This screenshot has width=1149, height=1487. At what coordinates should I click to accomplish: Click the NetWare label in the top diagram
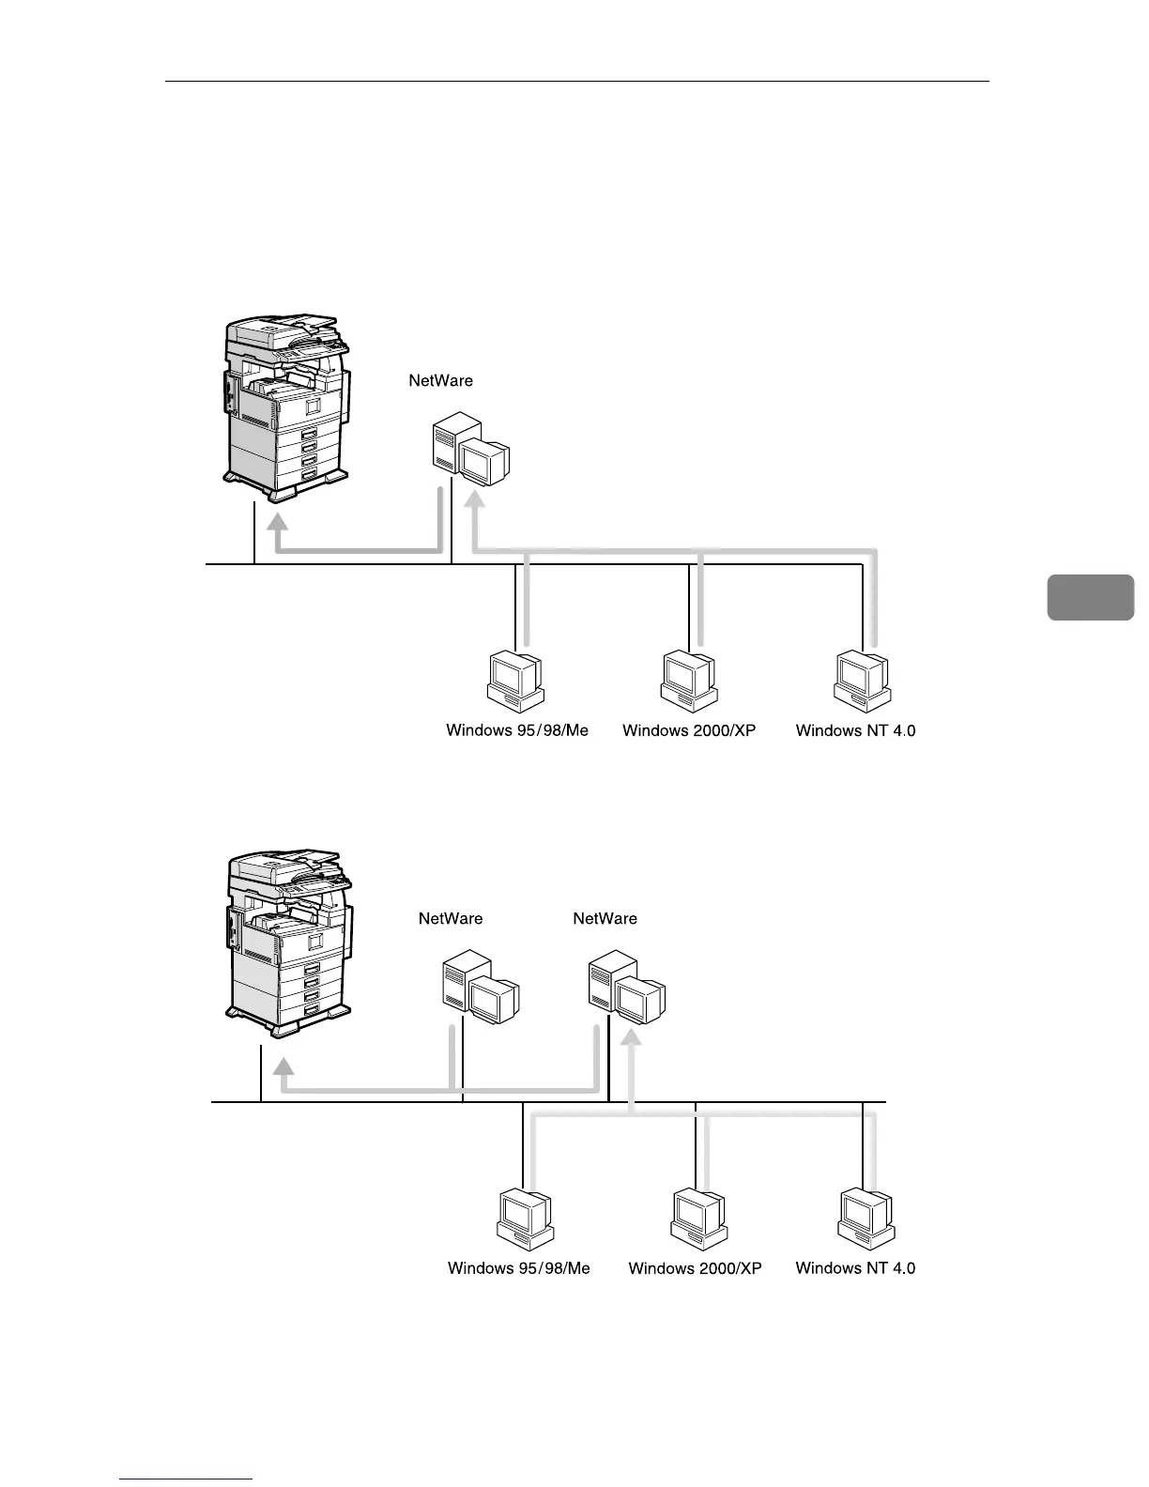click(x=440, y=381)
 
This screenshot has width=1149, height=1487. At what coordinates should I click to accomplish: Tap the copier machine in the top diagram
click(x=285, y=405)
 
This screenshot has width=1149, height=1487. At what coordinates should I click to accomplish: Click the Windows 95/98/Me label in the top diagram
click(x=517, y=730)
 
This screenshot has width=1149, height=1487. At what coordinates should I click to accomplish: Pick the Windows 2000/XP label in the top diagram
click(x=689, y=730)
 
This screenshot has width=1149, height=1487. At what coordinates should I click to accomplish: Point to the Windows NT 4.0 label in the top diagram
click(x=855, y=730)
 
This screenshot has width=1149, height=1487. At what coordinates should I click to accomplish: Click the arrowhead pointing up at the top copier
click(x=278, y=520)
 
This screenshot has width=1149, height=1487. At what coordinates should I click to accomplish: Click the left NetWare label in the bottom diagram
click(x=451, y=919)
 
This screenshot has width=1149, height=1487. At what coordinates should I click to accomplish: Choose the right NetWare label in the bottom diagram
click(x=605, y=919)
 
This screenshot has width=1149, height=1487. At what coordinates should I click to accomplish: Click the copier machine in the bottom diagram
click(x=289, y=942)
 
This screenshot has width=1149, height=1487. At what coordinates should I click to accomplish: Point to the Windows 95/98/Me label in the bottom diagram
click(x=519, y=1268)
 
